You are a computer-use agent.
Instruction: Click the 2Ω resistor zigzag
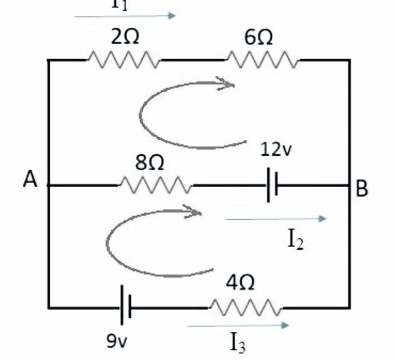[123, 59]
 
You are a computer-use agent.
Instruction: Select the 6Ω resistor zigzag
[263, 59]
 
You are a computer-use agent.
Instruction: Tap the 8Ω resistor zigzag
[155, 185]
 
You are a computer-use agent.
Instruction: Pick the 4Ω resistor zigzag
[245, 308]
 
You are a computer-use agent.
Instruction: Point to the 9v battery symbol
[126, 308]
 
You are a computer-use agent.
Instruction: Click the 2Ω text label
[124, 38]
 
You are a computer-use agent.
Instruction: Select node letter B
[362, 189]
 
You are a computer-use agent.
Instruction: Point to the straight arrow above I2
[276, 219]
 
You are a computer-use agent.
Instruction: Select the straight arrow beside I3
[239, 326]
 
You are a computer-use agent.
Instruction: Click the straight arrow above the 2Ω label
[126, 16]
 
